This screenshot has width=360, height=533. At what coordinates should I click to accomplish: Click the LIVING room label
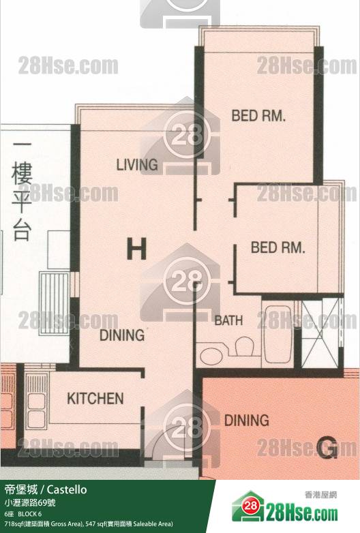point(137,165)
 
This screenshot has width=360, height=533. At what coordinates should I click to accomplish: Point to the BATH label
point(228,320)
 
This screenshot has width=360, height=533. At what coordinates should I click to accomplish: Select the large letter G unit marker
point(327,447)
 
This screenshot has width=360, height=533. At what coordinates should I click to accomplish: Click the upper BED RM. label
point(258,116)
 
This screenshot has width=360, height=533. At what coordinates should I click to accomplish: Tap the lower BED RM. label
point(277,247)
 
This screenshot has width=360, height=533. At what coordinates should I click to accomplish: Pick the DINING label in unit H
point(122,335)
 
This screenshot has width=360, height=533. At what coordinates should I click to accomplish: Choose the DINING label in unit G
point(246,420)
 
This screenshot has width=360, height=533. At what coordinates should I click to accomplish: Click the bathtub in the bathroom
point(277,335)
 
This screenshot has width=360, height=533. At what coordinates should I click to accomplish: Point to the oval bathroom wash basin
point(211,355)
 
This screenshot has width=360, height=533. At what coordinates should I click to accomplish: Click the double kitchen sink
point(35,399)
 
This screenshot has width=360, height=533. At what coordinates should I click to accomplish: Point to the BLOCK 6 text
point(30,513)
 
